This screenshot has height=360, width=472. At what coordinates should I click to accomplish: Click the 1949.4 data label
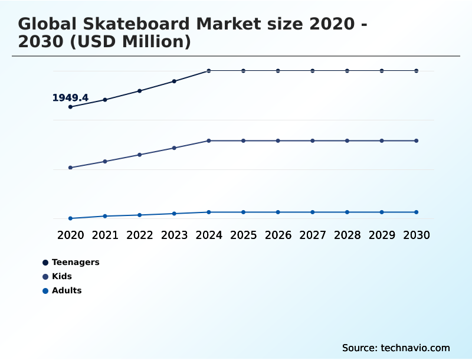(x=70, y=98)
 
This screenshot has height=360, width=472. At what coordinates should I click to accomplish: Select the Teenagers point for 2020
(x=71, y=107)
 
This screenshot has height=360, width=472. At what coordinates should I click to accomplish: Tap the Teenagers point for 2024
(x=209, y=71)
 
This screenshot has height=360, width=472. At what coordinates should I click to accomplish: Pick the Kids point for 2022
(x=140, y=155)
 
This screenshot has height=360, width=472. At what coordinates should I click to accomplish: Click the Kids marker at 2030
(x=417, y=140)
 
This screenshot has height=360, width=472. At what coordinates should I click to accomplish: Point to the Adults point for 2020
(x=71, y=218)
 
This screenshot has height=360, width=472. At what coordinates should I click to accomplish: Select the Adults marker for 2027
(x=313, y=212)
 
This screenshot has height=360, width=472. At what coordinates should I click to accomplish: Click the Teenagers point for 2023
(x=174, y=81)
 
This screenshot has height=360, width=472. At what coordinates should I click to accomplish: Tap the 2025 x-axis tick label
(x=243, y=235)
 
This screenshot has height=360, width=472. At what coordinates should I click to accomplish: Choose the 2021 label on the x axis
(x=105, y=235)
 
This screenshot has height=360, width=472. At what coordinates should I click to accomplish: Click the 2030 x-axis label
(x=417, y=235)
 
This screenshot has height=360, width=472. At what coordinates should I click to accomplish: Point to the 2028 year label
(x=347, y=235)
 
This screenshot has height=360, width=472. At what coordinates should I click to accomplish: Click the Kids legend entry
(x=61, y=276)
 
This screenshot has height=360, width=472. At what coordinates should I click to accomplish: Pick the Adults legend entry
(x=66, y=290)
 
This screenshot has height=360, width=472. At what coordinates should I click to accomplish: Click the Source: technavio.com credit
(x=396, y=348)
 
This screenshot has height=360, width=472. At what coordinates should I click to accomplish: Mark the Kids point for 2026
(x=278, y=140)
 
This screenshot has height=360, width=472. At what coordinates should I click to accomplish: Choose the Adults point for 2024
(x=209, y=212)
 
